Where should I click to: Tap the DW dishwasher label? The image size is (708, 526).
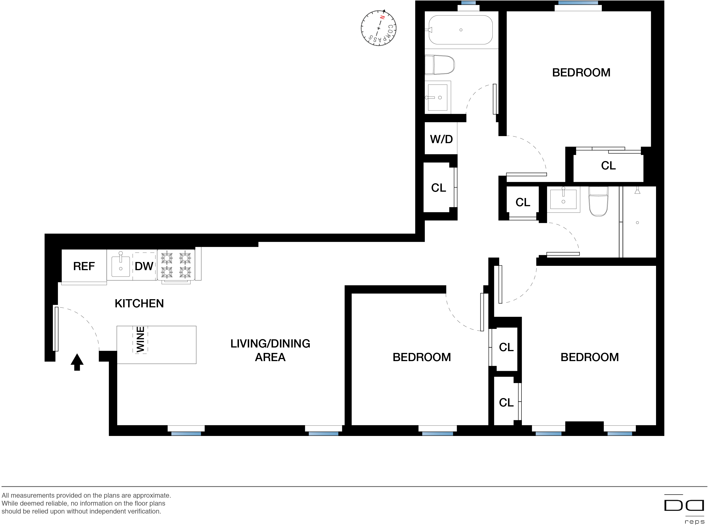coord(144,266)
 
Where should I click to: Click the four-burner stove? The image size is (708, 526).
coord(176,265)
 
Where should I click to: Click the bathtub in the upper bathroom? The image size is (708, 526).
coord(460,30)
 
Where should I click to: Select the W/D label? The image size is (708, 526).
coord(441,139)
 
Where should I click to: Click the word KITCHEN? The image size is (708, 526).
coord(139,303)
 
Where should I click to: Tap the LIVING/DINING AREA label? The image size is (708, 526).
coord(270,350)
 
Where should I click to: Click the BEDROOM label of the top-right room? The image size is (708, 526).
coord(581,73)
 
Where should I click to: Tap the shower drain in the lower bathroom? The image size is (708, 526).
coord(637,223)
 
